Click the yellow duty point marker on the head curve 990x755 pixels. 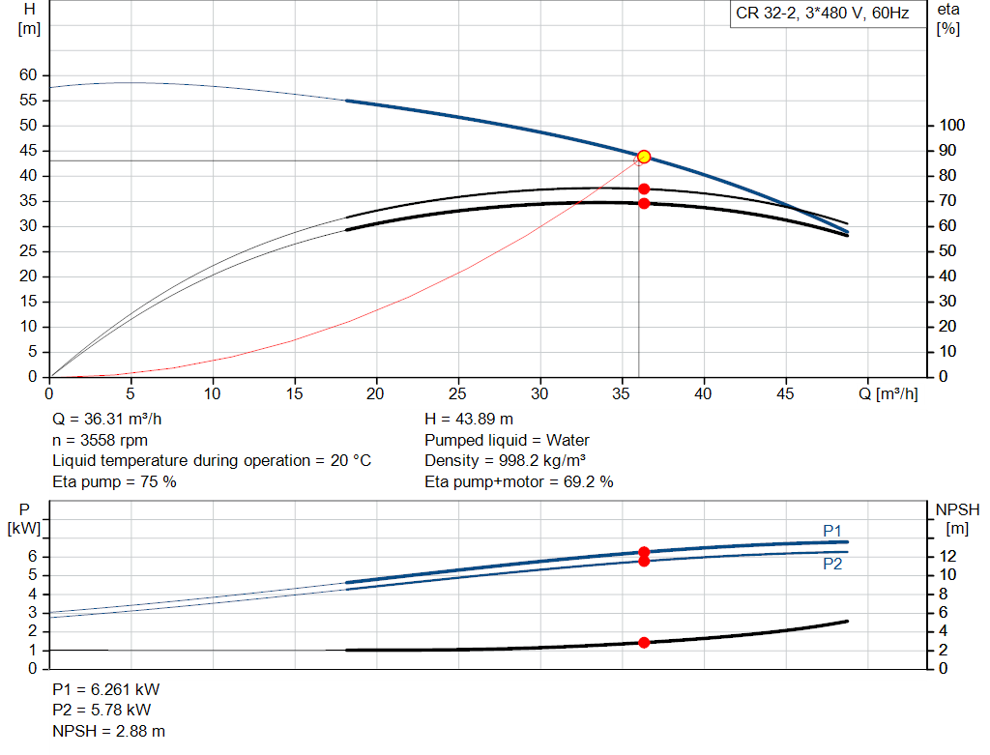pyautogui.click(x=644, y=157)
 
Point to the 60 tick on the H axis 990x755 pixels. pyautogui.click(x=28, y=75)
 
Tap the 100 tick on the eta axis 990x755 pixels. pyautogui.click(x=952, y=126)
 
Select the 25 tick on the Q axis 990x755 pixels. pyautogui.click(x=458, y=393)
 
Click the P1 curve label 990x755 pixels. pyautogui.click(x=832, y=530)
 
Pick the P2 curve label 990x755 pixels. pyautogui.click(x=832, y=565)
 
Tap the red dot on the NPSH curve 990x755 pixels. pyautogui.click(x=644, y=642)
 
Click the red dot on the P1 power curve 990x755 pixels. pyautogui.click(x=644, y=552)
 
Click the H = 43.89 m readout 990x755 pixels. pyautogui.click(x=469, y=420)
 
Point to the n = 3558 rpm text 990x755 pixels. pyautogui.click(x=100, y=440)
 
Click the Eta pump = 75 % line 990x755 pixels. pyautogui.click(x=114, y=481)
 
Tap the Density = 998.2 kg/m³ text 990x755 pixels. pyautogui.click(x=506, y=460)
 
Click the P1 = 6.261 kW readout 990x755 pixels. pyautogui.click(x=105, y=690)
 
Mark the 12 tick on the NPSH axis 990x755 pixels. pyautogui.click(x=948, y=556)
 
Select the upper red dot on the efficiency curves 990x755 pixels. pyautogui.click(x=644, y=189)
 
